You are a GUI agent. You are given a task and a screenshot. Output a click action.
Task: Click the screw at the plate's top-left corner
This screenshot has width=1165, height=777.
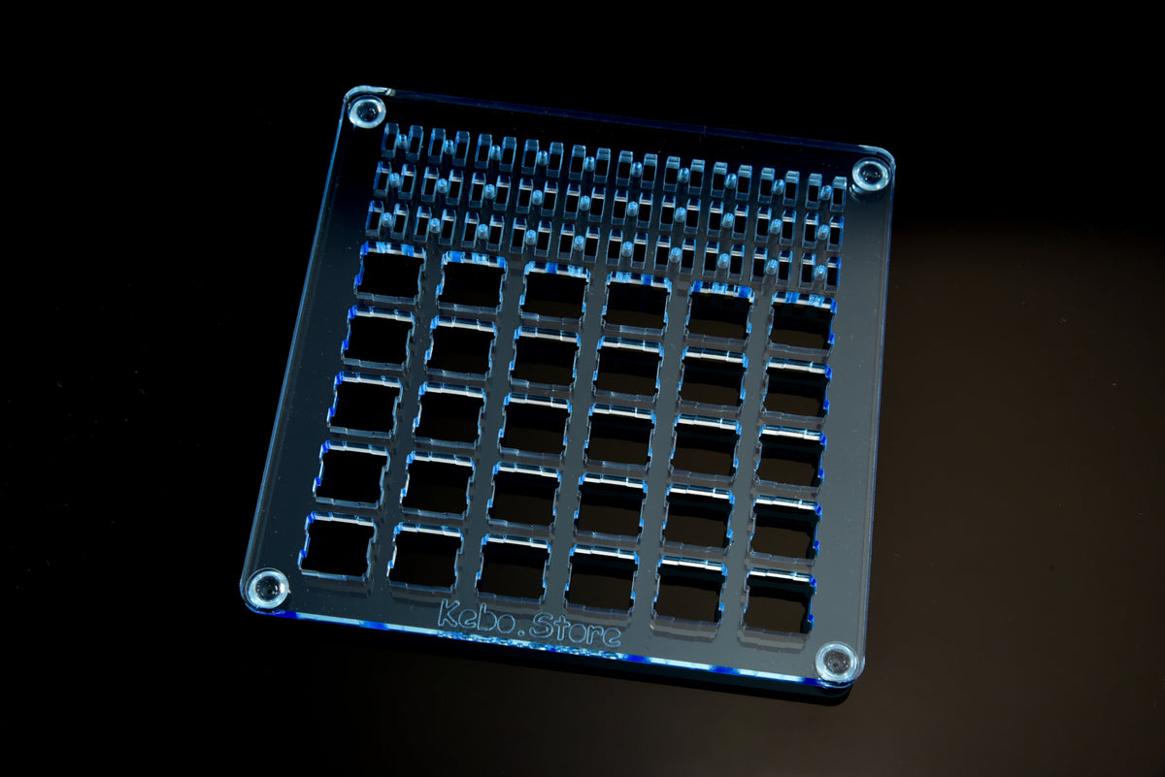[367, 112]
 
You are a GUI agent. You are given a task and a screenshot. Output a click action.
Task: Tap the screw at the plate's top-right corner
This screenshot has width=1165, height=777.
[871, 173]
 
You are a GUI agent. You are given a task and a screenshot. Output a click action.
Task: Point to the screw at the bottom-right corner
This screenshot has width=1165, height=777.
[836, 663]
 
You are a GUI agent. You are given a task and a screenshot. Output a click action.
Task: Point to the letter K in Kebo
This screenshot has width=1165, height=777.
[448, 612]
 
